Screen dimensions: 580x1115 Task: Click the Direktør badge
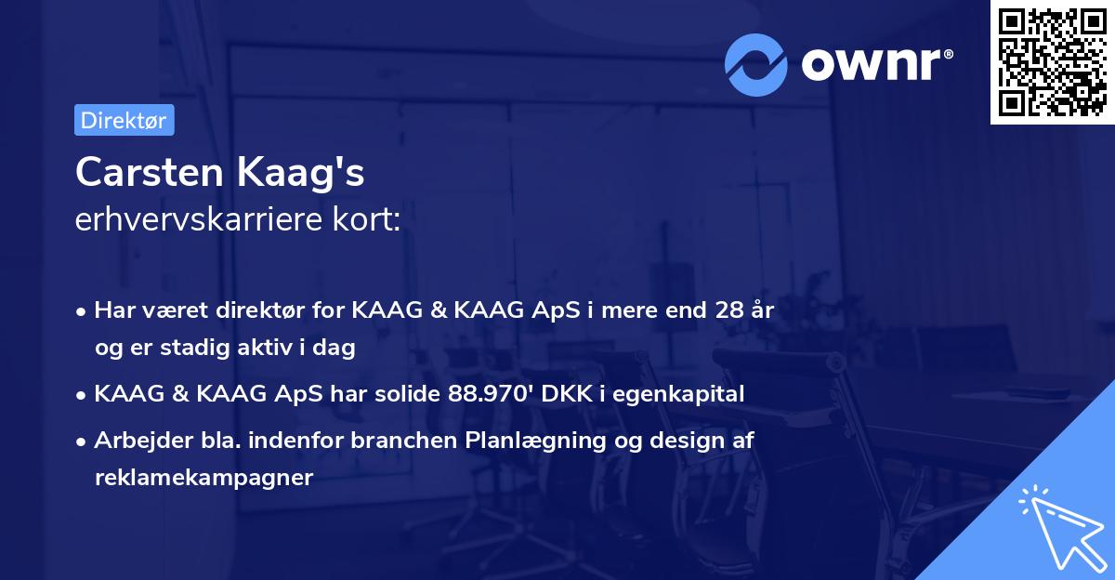[124, 120]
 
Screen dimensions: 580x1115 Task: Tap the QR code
[1052, 61]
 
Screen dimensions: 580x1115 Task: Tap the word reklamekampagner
[203, 478]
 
